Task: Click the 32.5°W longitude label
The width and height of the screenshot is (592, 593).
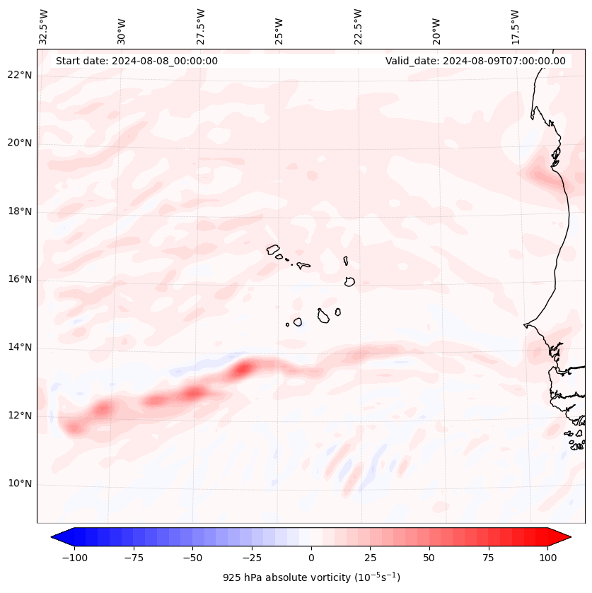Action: tap(45, 26)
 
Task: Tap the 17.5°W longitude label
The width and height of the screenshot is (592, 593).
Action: tap(514, 26)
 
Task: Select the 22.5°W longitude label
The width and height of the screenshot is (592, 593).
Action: tap(358, 26)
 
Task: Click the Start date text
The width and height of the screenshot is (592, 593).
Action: tap(137, 61)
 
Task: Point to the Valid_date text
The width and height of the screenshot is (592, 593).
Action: tap(475, 61)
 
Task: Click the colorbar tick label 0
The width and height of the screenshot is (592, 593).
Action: tap(311, 558)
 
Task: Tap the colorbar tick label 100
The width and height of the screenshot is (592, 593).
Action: tap(547, 558)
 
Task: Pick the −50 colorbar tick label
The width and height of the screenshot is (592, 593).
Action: tap(193, 558)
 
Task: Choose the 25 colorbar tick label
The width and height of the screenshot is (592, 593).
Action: tap(370, 558)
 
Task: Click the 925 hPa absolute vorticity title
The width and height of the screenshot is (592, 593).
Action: tap(311, 577)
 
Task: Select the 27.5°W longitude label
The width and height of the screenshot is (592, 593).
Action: tap(201, 26)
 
